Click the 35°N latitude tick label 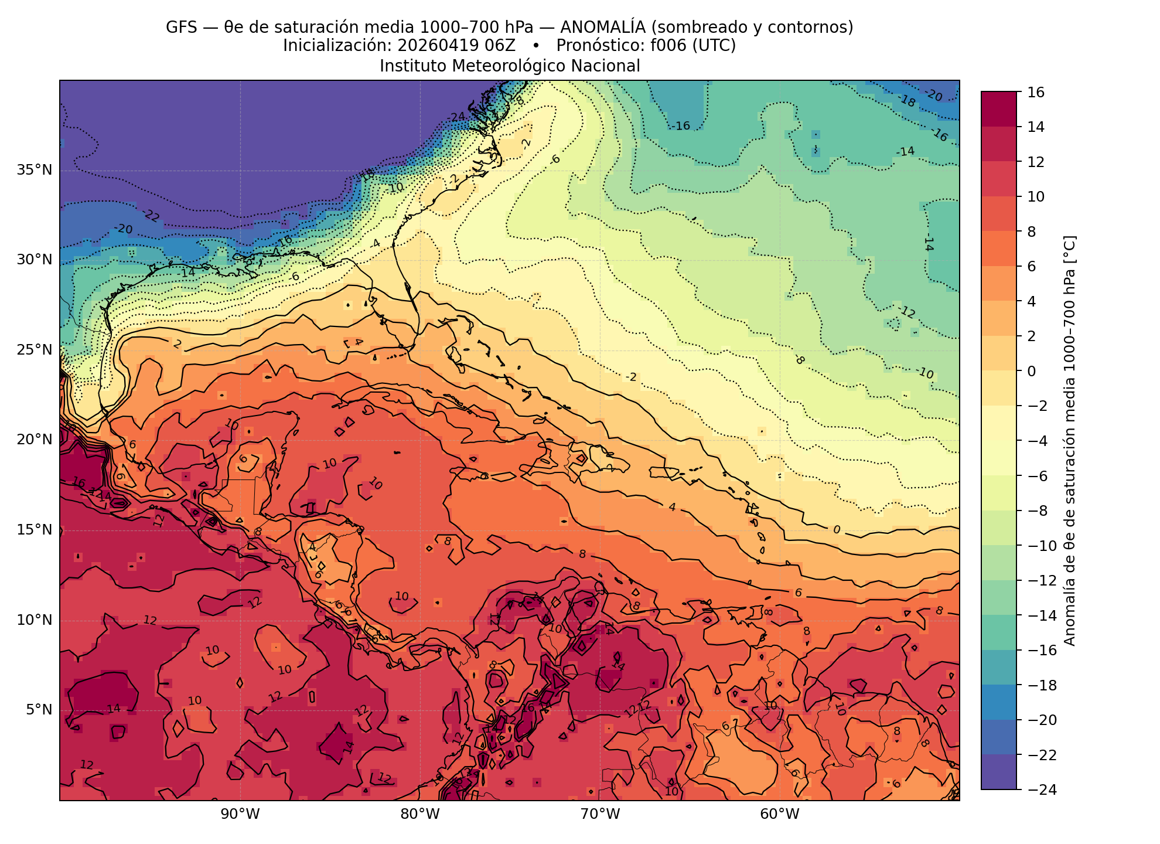pyautogui.click(x=35, y=171)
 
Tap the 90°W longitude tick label pyautogui.click(x=240, y=814)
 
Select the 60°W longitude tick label pyautogui.click(x=780, y=814)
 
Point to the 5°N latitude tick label pyautogui.click(x=39, y=710)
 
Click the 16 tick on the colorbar pyautogui.click(x=1036, y=92)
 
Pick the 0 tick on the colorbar pyautogui.click(x=1032, y=371)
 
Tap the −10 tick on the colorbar pyautogui.click(x=1040, y=546)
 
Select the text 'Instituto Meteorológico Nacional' pyautogui.click(x=510, y=66)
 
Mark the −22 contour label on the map pyautogui.click(x=151, y=216)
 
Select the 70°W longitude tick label pyautogui.click(x=599, y=814)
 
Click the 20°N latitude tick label pyautogui.click(x=35, y=440)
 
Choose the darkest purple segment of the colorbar pyautogui.click(x=999, y=772)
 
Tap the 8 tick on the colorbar pyautogui.click(x=1032, y=232)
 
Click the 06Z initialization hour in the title pyautogui.click(x=502, y=46)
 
